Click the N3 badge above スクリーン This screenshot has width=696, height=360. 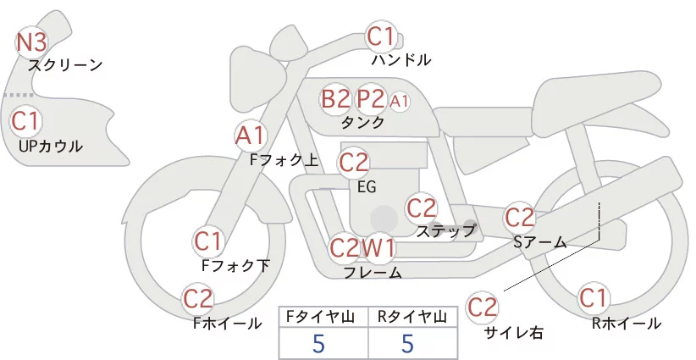click(x=31, y=42)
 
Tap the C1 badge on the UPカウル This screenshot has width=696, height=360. click(x=25, y=121)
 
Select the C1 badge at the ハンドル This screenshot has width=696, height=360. click(x=381, y=36)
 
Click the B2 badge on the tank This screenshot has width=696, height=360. click(x=335, y=99)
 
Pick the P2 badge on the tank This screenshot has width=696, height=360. click(x=371, y=99)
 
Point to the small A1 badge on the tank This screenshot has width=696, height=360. click(x=399, y=102)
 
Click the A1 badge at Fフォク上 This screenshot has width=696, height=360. click(x=251, y=136)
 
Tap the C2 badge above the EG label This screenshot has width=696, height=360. click(x=354, y=163)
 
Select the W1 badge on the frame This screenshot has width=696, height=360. click(x=378, y=247)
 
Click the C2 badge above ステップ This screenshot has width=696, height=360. click(x=422, y=208)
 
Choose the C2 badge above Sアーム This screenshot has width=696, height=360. click(x=520, y=218)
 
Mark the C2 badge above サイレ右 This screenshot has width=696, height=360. click(x=482, y=307)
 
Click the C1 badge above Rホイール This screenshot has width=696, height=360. click(x=593, y=298)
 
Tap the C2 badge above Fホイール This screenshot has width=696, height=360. click(x=198, y=299)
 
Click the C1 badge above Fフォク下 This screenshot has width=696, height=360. click(x=208, y=242)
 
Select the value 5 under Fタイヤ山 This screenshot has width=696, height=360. click(x=318, y=344)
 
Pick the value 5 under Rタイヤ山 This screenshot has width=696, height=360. click(x=408, y=344)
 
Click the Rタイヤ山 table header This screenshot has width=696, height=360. click(x=412, y=317)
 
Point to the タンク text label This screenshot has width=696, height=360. click(x=362, y=122)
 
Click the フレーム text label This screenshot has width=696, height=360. click(x=373, y=273)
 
